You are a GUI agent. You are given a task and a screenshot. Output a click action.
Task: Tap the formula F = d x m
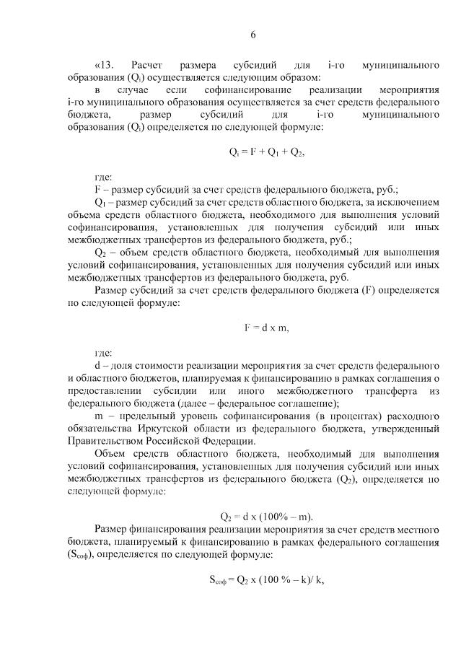pos(265,328)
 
